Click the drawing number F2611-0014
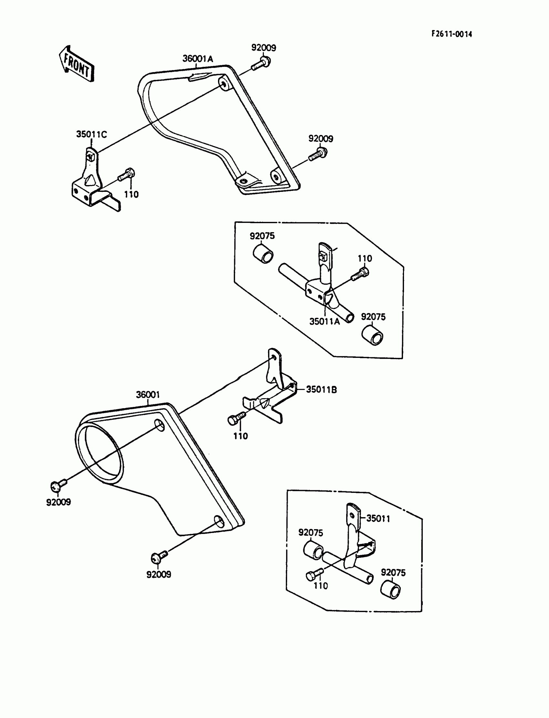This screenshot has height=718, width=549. tap(451, 34)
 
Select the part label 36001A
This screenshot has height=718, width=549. tap(197, 59)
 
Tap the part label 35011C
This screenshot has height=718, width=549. tap(91, 134)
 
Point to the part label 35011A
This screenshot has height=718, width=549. tap(325, 322)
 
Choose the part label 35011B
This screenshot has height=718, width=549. tap(321, 390)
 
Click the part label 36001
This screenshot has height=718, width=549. tap(148, 395)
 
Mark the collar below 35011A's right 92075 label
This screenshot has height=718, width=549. tap(373, 335)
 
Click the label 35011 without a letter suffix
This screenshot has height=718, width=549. tap(378, 519)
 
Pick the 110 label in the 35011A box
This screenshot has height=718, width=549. tap(365, 258)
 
